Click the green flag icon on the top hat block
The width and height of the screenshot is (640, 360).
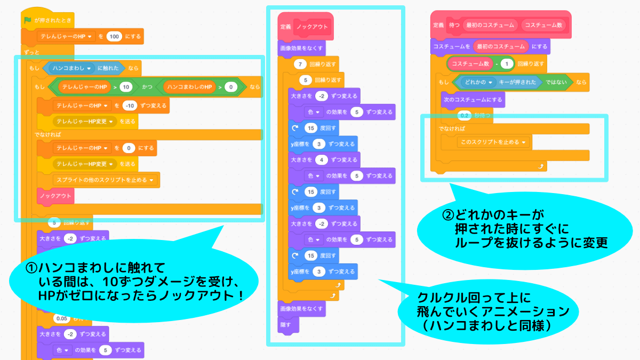27,20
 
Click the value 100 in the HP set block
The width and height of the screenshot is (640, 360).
114,37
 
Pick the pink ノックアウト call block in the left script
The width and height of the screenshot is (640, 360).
55,196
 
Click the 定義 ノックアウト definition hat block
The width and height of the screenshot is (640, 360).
305,27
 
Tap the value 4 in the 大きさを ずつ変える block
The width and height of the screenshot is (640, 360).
319,159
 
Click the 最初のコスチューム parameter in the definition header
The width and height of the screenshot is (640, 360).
490,25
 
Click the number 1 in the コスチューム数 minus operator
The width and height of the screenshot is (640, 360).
507,63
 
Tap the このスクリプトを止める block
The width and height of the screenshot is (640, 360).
494,142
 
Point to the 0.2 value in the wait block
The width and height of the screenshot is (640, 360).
463,115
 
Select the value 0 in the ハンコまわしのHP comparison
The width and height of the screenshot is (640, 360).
230,86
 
